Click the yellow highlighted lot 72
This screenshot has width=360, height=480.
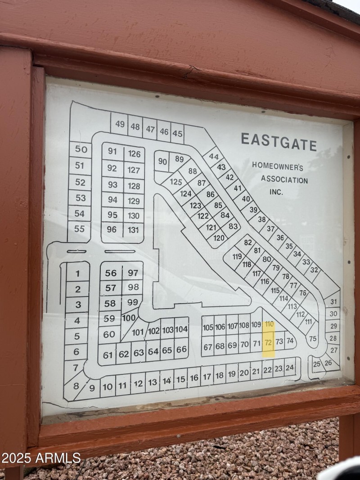click(268, 343)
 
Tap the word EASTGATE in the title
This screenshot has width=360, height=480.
click(279, 141)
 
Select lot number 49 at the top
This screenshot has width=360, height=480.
click(120, 124)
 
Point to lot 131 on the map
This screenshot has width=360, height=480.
click(133, 230)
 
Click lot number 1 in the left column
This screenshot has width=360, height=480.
click(77, 274)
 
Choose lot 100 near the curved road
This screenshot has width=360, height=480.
click(129, 318)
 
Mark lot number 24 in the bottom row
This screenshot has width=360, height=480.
click(290, 368)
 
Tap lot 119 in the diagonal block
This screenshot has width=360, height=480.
click(237, 257)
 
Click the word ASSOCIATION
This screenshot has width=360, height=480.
click(284, 180)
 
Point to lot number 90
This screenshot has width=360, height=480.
click(162, 162)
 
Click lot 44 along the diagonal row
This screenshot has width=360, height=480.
click(214, 157)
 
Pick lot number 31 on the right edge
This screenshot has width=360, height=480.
click(333, 302)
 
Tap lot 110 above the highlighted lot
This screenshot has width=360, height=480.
click(269, 324)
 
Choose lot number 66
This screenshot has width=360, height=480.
click(181, 350)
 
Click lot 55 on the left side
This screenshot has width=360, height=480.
click(79, 229)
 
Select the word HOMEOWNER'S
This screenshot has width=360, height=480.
click(277, 166)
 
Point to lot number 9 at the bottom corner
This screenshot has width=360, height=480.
click(92, 388)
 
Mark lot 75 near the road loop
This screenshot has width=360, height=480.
click(313, 339)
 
